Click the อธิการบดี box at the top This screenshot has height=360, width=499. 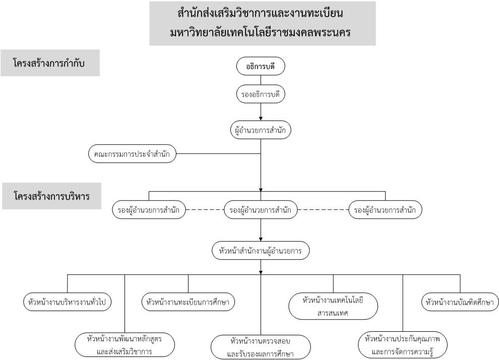(260, 67)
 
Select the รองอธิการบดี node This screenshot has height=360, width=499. (260, 94)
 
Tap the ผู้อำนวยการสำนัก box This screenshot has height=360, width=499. (260, 130)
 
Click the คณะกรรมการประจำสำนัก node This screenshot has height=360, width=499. (132, 154)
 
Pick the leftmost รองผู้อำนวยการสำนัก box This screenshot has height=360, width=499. (149, 210)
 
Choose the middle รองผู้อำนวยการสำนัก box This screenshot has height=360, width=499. (260, 210)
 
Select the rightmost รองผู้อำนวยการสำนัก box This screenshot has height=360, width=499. (385, 210)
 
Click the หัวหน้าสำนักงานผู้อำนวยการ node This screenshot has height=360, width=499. (260, 251)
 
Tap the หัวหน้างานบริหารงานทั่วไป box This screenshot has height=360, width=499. (67, 302)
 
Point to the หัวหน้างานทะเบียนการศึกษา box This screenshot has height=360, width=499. (188, 302)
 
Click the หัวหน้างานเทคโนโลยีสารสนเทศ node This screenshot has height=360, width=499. (333, 306)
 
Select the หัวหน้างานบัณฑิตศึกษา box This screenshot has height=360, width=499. (460, 302)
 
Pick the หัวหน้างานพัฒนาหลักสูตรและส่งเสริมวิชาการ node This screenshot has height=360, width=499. (125, 345)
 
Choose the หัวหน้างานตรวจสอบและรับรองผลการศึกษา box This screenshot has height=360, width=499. (260, 347)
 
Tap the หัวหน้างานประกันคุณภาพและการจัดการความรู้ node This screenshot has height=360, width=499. (403, 345)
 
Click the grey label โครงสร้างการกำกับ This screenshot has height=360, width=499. (50, 63)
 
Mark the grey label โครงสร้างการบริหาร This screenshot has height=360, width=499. (51, 196)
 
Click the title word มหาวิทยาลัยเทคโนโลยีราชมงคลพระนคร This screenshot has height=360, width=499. (260, 32)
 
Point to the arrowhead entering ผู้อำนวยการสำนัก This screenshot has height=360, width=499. (261, 118)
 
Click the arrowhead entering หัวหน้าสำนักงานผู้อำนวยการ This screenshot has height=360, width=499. (261, 239)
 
